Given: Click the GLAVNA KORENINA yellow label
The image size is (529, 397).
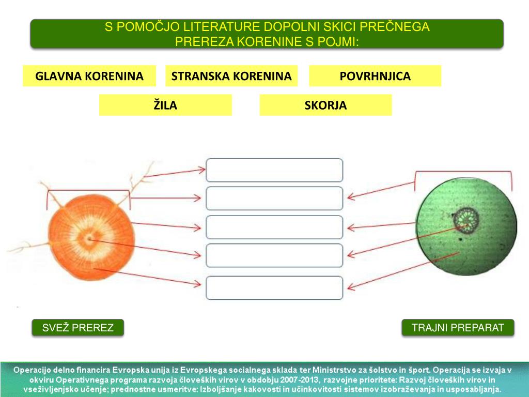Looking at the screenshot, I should (89, 76).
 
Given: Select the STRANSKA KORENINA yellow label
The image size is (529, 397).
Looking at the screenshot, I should (231, 76).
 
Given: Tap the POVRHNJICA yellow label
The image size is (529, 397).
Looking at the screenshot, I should (375, 76).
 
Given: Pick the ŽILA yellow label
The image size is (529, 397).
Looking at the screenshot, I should (165, 105).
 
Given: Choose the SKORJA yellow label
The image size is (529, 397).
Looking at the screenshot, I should (325, 105).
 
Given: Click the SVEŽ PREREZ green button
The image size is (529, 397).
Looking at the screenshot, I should (77, 328).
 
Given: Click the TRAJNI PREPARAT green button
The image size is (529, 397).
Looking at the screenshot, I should (458, 328).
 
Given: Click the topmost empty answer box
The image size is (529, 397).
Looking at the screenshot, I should (274, 170).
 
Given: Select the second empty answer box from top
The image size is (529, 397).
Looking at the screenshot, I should (274, 198).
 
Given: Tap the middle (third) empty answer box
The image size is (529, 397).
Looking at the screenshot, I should (274, 227).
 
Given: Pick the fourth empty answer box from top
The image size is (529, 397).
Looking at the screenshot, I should (274, 255).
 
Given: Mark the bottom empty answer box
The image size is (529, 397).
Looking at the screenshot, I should (274, 288).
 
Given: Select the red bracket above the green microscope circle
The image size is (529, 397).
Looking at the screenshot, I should (463, 172).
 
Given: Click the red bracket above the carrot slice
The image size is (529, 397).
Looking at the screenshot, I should (88, 191).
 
